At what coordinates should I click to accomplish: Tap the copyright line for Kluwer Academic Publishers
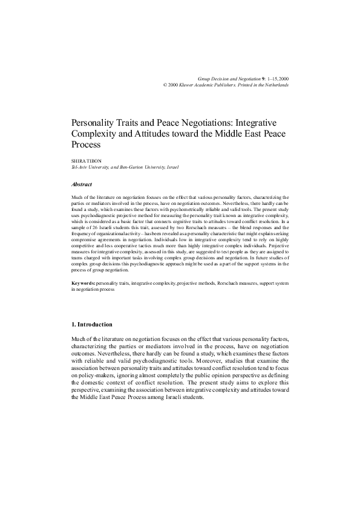(226, 85)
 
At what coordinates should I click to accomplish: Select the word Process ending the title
(85, 145)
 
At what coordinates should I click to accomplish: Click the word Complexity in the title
(94, 133)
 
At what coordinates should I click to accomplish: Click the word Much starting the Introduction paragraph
(79, 341)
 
